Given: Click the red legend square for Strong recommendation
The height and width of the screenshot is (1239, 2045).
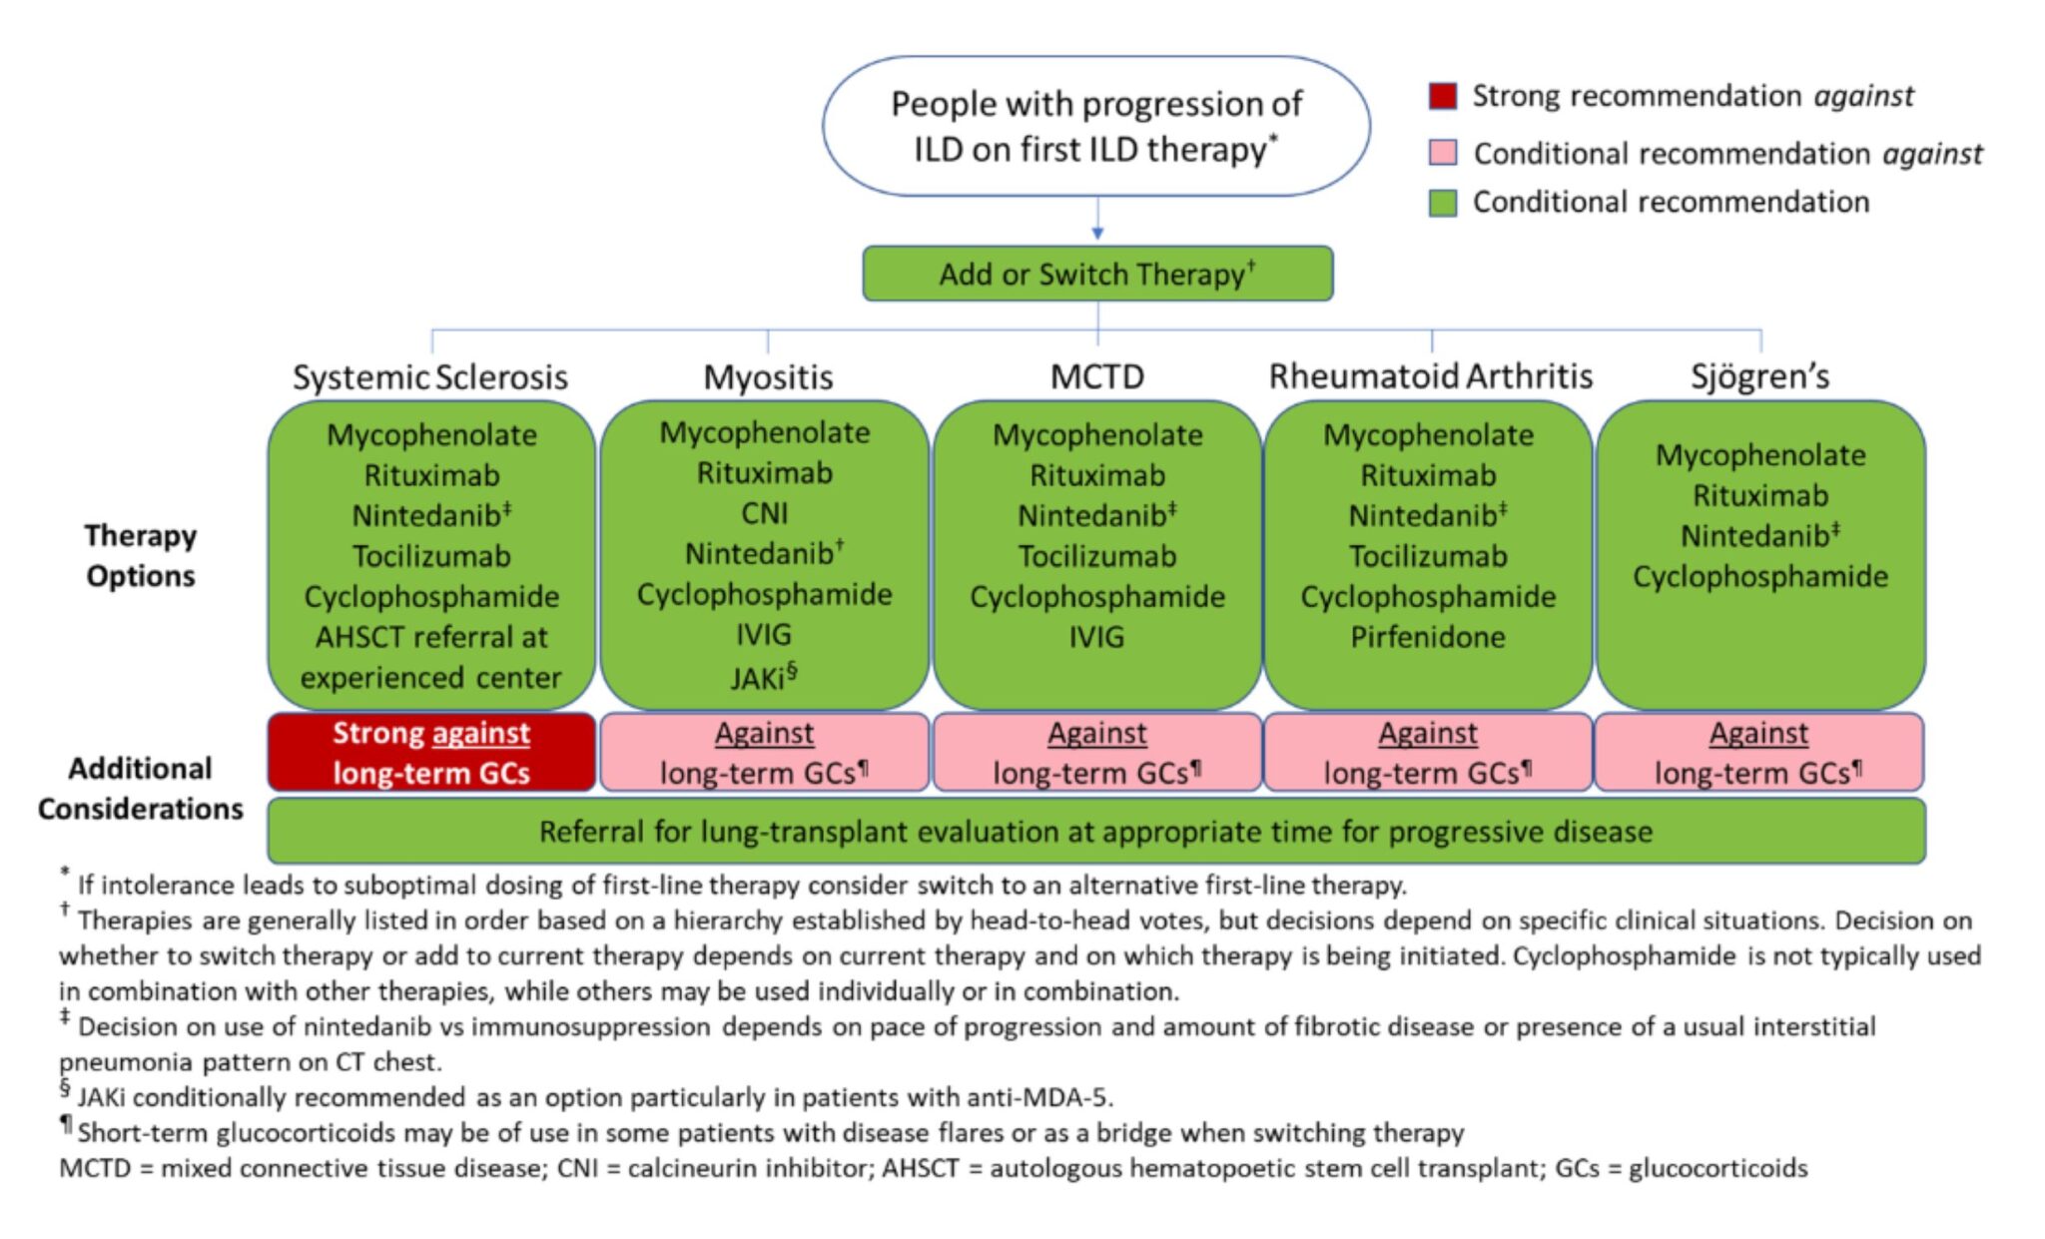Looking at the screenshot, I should (1443, 96).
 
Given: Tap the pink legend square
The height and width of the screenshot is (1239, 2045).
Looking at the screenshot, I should (1443, 153).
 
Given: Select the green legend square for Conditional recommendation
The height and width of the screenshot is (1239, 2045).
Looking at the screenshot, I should (1443, 203).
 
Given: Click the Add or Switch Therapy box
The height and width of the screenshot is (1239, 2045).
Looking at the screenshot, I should (1096, 274).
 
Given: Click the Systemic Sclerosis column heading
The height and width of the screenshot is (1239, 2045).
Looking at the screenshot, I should (430, 377).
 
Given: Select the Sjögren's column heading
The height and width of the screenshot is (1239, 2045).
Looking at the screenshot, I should (1759, 376).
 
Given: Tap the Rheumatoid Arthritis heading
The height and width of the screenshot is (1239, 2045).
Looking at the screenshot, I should (1430, 376).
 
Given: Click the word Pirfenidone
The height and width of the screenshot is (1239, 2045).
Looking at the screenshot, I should (1428, 637).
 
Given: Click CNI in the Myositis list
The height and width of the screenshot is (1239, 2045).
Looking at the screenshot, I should (764, 513).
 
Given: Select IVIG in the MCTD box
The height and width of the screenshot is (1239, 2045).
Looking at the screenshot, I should (1096, 637).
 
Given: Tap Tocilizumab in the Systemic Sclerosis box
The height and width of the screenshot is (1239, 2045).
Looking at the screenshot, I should (430, 556).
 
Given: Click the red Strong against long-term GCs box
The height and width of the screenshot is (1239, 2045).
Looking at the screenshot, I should (430, 753).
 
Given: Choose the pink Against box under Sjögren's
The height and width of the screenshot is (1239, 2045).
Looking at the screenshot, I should (1759, 753).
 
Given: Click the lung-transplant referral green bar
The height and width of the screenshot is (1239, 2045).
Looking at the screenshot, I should (1095, 832).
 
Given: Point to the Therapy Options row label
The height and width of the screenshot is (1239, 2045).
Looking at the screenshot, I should (141, 556).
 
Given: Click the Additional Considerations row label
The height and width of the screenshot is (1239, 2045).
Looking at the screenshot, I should (141, 789).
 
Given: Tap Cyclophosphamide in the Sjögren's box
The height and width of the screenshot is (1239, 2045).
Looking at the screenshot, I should (1760, 576).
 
